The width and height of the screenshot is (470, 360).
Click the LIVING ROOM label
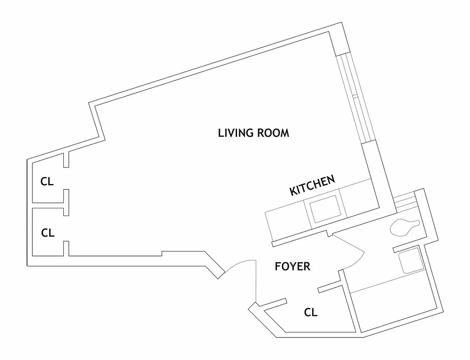tap(253, 133)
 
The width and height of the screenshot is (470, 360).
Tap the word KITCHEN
tap(312, 185)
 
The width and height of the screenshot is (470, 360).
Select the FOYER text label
tap(292, 266)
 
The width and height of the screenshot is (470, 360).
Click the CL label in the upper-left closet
tap(47, 182)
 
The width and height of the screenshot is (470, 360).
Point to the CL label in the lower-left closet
tap(48, 233)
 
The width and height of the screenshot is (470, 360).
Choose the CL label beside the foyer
tap(310, 312)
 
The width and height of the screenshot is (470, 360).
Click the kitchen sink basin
tap(325, 209)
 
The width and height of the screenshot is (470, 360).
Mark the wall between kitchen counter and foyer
tap(299, 239)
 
